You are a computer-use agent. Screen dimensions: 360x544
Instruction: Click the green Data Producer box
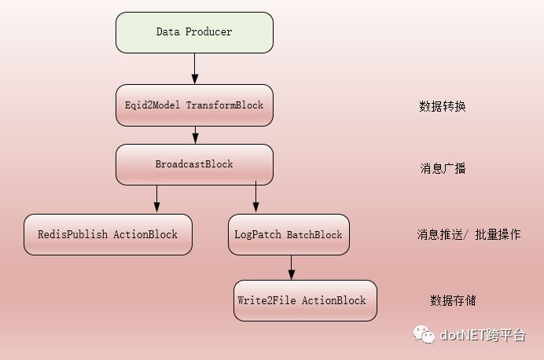[194, 32]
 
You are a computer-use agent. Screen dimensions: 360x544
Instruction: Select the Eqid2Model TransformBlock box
[194, 105]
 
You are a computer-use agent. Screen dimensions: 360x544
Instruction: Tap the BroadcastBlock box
[194, 164]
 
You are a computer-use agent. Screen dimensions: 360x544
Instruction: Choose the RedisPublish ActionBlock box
[108, 234]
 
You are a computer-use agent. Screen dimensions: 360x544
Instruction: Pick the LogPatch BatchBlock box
[289, 234]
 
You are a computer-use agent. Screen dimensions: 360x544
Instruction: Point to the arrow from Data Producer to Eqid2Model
[194, 68]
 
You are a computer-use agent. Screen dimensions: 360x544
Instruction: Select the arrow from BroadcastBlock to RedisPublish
[156, 199]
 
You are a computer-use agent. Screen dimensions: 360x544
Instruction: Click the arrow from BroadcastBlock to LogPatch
[255, 199]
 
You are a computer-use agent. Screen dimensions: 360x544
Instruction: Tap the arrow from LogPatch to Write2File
[291, 267]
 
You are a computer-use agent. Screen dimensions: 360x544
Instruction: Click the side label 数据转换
[443, 106]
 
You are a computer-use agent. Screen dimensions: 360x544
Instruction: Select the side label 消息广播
[443, 168]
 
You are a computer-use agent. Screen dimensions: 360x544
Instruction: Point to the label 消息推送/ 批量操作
[469, 234]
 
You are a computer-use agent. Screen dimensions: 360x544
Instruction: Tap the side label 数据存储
[453, 300]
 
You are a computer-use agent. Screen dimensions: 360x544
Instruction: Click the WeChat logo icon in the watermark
[425, 335]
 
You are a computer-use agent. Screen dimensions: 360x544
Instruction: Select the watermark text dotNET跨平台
[483, 336]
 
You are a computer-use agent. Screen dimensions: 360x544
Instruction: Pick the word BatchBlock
[314, 234]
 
